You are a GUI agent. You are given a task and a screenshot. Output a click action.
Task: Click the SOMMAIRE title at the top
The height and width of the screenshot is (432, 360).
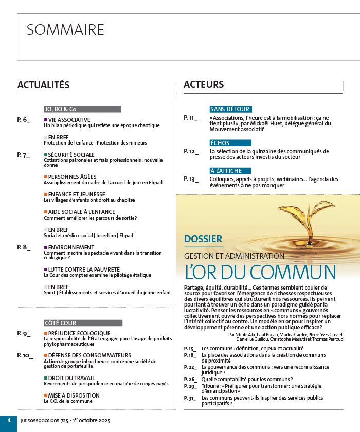[x=65, y=30]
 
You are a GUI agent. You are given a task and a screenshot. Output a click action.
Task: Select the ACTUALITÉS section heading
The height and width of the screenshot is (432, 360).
[x=43, y=85]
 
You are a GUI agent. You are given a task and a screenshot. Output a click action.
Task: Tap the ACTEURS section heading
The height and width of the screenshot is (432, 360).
[x=204, y=84]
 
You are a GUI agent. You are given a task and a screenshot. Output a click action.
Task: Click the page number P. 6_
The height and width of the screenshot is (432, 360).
[x=24, y=119]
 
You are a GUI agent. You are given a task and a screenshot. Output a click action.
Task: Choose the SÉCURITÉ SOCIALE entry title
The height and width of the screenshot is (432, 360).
[x=71, y=154]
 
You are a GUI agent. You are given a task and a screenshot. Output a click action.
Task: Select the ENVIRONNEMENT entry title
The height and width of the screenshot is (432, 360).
[x=71, y=247]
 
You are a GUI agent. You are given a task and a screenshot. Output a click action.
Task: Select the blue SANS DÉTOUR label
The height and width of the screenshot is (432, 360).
[x=230, y=109]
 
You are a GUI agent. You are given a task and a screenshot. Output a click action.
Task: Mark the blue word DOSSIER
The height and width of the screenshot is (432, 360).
[x=203, y=239]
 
